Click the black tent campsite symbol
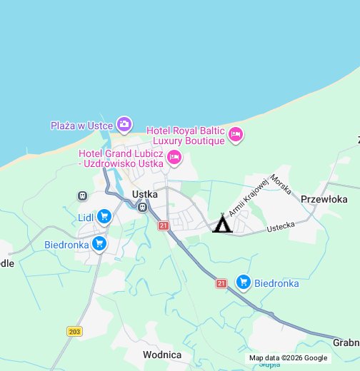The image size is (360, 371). [x=222, y=225]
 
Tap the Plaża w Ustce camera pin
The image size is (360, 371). [x=125, y=125]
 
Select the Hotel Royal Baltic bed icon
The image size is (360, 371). [x=236, y=134]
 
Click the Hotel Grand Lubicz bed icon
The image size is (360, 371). [x=174, y=157]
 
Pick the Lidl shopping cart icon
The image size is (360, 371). [x=104, y=215]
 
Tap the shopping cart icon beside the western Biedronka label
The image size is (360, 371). [x=99, y=244]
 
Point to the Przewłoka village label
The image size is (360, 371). [x=324, y=200]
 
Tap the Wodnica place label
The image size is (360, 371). [x=162, y=355]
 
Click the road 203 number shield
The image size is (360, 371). [x=74, y=331]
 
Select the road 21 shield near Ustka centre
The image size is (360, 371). [x=163, y=225]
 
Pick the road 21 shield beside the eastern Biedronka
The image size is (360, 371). [x=221, y=283]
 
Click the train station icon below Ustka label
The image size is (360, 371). [x=143, y=208]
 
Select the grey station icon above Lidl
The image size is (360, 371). [x=82, y=195]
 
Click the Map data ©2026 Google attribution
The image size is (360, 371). [x=288, y=358]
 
